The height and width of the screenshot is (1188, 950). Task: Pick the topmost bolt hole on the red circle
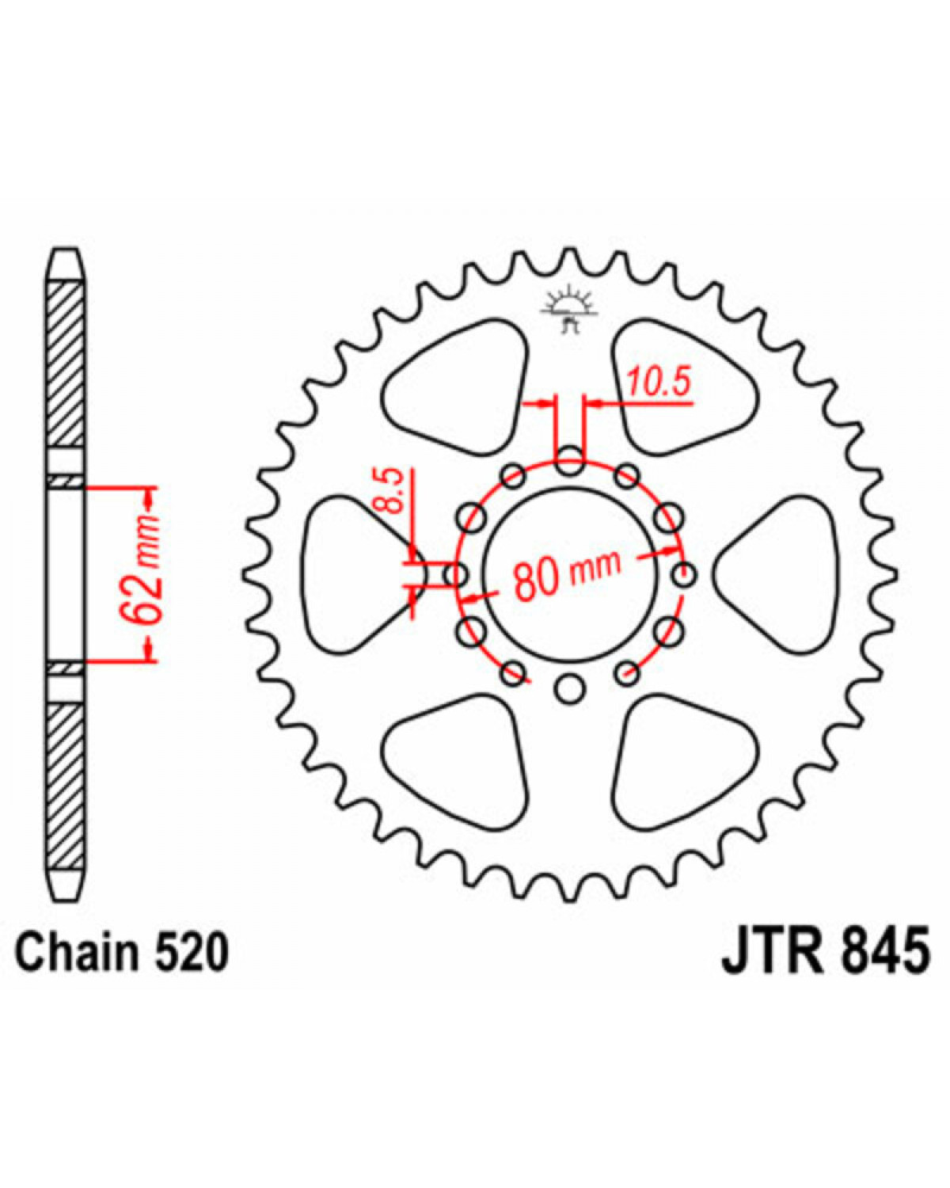pos(570,460)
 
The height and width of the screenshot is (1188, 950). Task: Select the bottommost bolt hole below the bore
pos(570,689)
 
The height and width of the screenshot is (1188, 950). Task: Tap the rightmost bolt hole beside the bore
pos(684,575)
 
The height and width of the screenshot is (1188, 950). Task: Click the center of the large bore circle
pos(570,575)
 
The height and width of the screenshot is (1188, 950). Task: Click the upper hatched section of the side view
pos(65,364)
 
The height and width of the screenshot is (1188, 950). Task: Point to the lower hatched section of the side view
pos(65,787)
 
